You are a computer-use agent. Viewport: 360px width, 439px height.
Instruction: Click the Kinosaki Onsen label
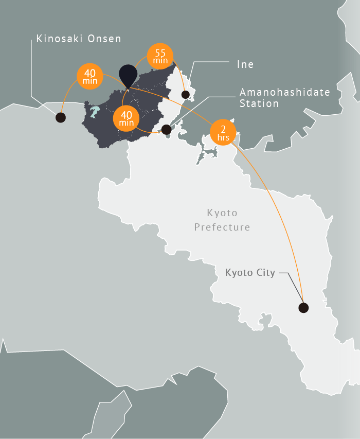click(79, 39)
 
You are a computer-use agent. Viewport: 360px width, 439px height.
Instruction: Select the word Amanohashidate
click(284, 92)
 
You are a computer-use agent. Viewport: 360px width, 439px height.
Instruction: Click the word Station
click(259, 103)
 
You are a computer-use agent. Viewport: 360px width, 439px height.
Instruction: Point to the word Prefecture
click(222, 226)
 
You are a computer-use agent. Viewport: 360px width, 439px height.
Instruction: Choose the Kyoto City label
click(250, 272)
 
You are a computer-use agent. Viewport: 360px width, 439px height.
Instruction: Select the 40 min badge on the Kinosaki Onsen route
click(90, 76)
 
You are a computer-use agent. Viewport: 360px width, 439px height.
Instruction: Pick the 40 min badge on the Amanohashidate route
click(127, 119)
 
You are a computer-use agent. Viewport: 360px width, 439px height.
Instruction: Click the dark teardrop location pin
click(128, 75)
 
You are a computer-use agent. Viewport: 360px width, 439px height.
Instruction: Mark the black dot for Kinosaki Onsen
click(61, 117)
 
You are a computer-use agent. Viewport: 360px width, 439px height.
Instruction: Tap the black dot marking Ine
click(185, 95)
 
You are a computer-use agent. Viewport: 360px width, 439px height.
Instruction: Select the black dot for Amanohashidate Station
click(166, 129)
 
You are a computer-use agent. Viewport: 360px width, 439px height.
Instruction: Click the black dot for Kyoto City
click(303, 308)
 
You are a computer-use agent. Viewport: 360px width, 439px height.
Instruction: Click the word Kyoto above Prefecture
click(222, 213)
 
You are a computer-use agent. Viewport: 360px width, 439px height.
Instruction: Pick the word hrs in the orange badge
click(223, 139)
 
